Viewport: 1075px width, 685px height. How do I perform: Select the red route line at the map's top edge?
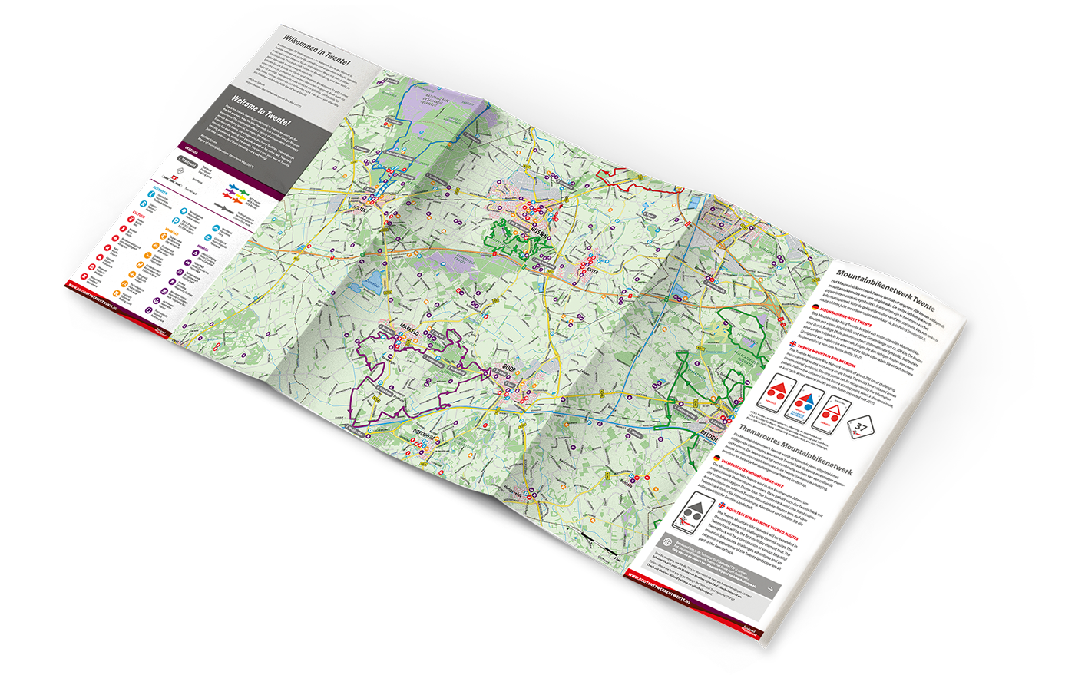point(614,174)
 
